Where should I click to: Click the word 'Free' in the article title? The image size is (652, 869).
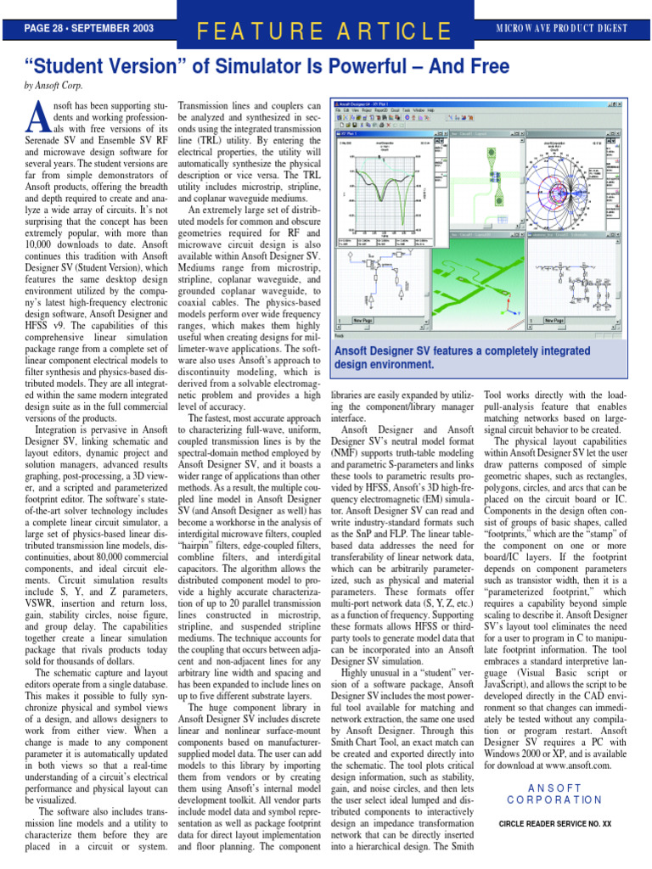tap(484, 66)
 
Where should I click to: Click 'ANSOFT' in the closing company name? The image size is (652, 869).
tap(554, 788)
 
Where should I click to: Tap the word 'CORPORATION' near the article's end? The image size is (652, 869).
tap(554, 799)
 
